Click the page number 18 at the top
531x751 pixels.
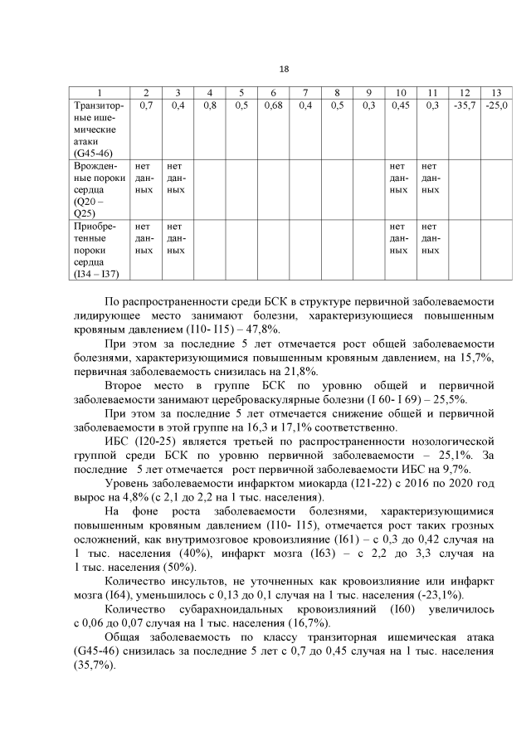tap(284, 69)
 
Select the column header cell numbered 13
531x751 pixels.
tap(496, 91)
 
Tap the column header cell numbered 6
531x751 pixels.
tap(272, 91)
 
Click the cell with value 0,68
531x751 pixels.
tap(272, 105)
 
